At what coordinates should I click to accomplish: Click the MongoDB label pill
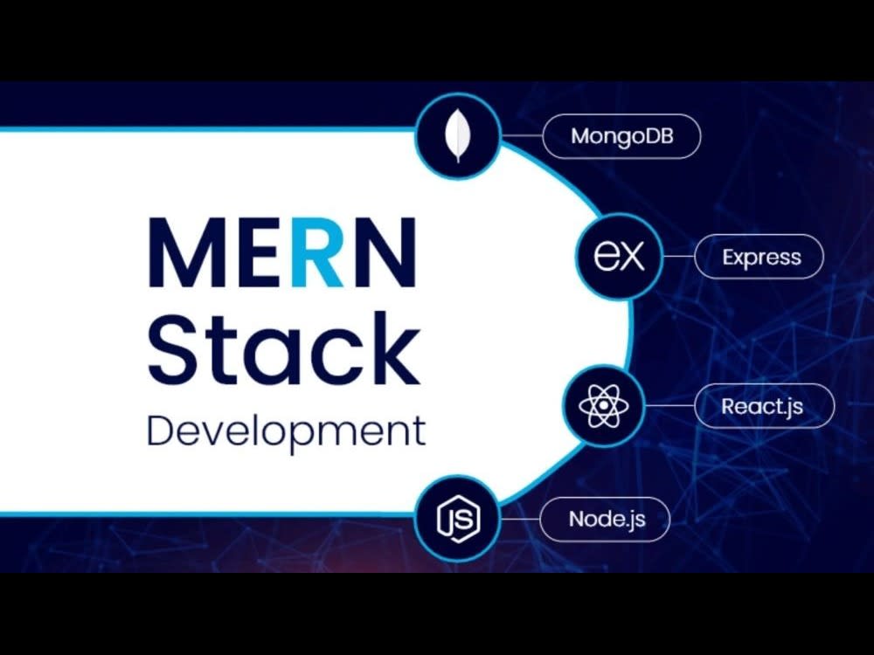(621, 136)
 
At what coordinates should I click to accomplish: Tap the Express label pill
(760, 257)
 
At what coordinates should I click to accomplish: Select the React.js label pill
(765, 405)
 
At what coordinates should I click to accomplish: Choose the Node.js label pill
(605, 519)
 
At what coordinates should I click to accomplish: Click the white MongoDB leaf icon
(458, 135)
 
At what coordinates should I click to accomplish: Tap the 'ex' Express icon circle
(620, 256)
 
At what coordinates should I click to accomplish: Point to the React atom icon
(604, 405)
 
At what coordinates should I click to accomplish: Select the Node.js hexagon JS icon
(458, 519)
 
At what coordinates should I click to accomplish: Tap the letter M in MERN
(187, 252)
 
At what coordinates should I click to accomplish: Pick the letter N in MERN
(385, 252)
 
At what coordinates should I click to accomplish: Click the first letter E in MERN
(260, 252)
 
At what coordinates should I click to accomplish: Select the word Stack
(284, 348)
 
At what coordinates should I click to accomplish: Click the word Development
(287, 431)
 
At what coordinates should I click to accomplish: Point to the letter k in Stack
(393, 348)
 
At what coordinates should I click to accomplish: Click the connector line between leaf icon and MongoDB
(522, 135)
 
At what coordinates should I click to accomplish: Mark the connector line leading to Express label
(679, 257)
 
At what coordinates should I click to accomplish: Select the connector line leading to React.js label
(669, 405)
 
